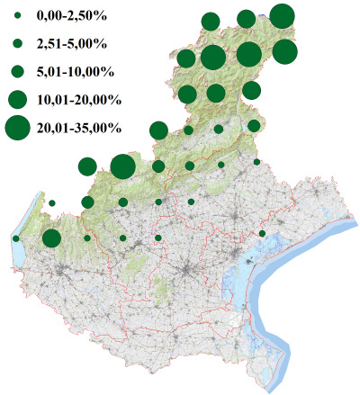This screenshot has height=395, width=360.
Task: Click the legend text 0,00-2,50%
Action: point(67,16)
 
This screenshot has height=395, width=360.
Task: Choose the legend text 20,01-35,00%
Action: point(77,128)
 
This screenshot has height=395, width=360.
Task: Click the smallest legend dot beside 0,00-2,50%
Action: point(18,16)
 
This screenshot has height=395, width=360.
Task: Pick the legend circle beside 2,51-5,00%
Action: point(18,43)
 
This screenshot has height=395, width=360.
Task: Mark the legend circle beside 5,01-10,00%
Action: point(18,71)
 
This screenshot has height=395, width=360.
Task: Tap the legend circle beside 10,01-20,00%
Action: point(18,99)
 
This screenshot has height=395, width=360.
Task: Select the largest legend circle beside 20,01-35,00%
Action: point(18,128)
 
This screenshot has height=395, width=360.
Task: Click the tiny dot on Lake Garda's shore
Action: point(16,238)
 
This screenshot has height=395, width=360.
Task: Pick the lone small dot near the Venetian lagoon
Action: point(262,234)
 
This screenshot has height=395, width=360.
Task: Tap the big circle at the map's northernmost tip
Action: point(282,16)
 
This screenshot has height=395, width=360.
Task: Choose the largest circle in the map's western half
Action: point(122,166)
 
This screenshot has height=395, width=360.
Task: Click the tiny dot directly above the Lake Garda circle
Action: point(52,203)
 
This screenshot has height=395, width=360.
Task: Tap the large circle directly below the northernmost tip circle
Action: point(284,52)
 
